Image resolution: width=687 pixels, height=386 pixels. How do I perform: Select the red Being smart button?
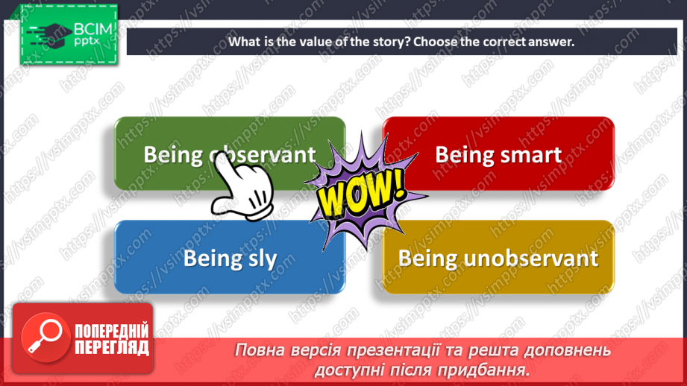tap(498, 154)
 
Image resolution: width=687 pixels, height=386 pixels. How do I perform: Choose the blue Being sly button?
tap(230, 258)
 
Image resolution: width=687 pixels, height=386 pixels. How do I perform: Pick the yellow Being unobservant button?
tap(498, 258)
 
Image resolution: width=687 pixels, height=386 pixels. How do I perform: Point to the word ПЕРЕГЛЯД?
tap(111, 347)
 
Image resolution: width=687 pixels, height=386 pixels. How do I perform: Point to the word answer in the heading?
tap(550, 42)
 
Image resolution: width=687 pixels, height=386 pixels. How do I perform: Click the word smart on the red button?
tap(532, 154)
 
